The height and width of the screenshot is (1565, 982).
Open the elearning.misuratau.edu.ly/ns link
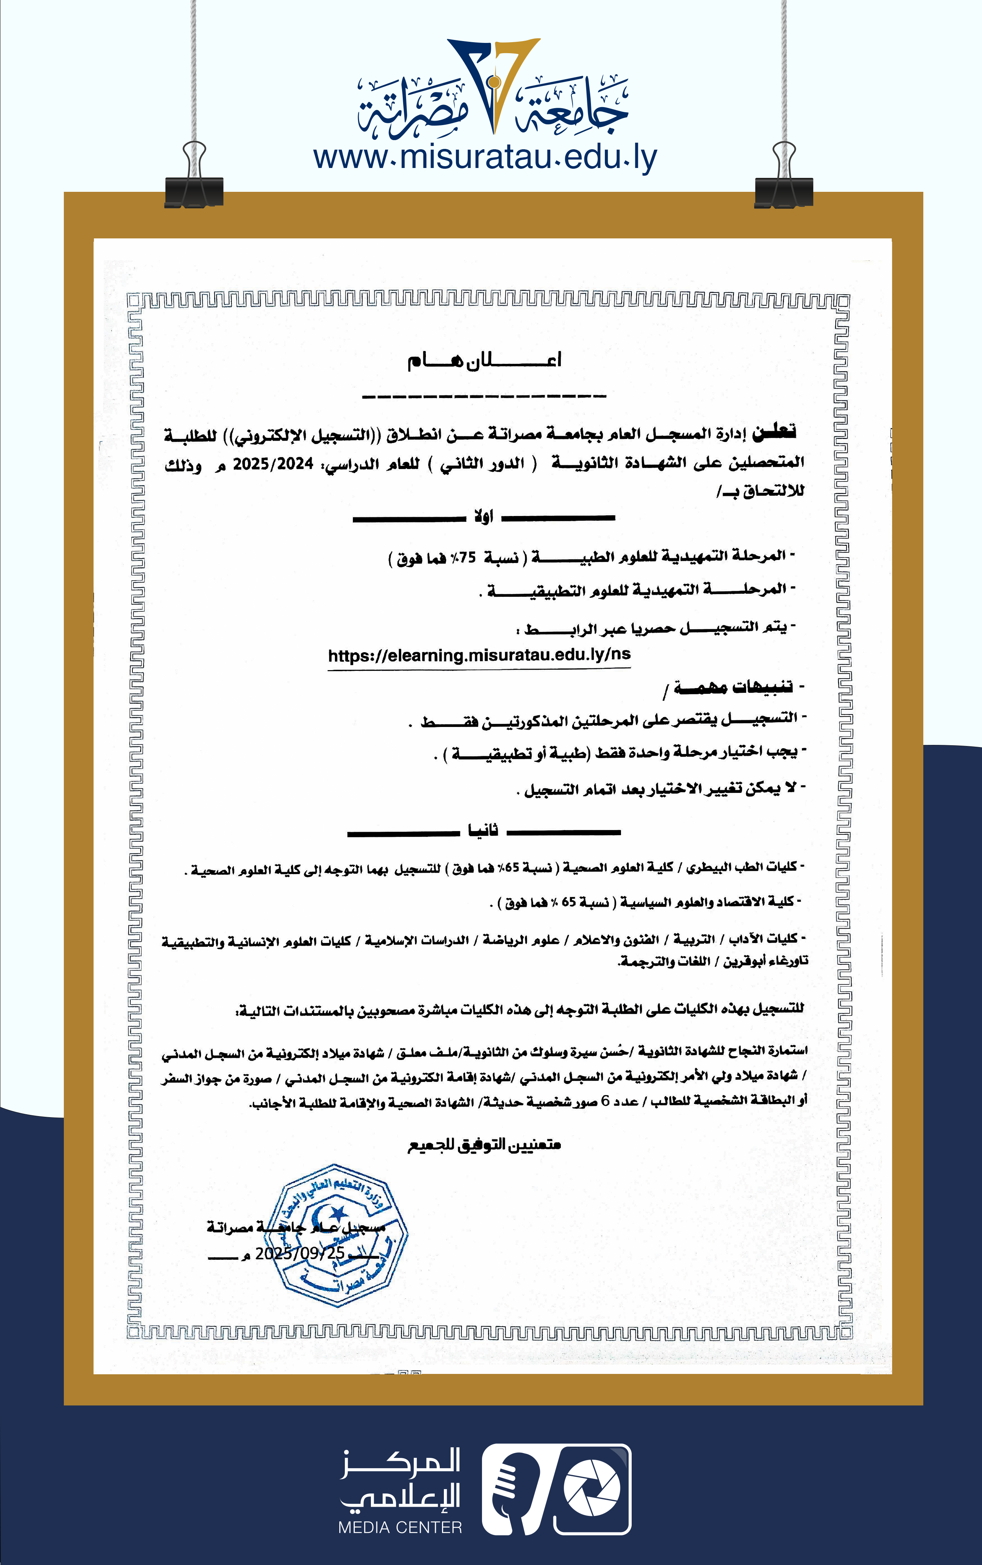tap(479, 655)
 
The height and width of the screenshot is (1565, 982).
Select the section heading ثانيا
tap(483, 831)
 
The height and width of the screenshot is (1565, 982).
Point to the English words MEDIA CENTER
tap(400, 1527)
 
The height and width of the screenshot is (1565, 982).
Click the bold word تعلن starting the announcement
tap(774, 431)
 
